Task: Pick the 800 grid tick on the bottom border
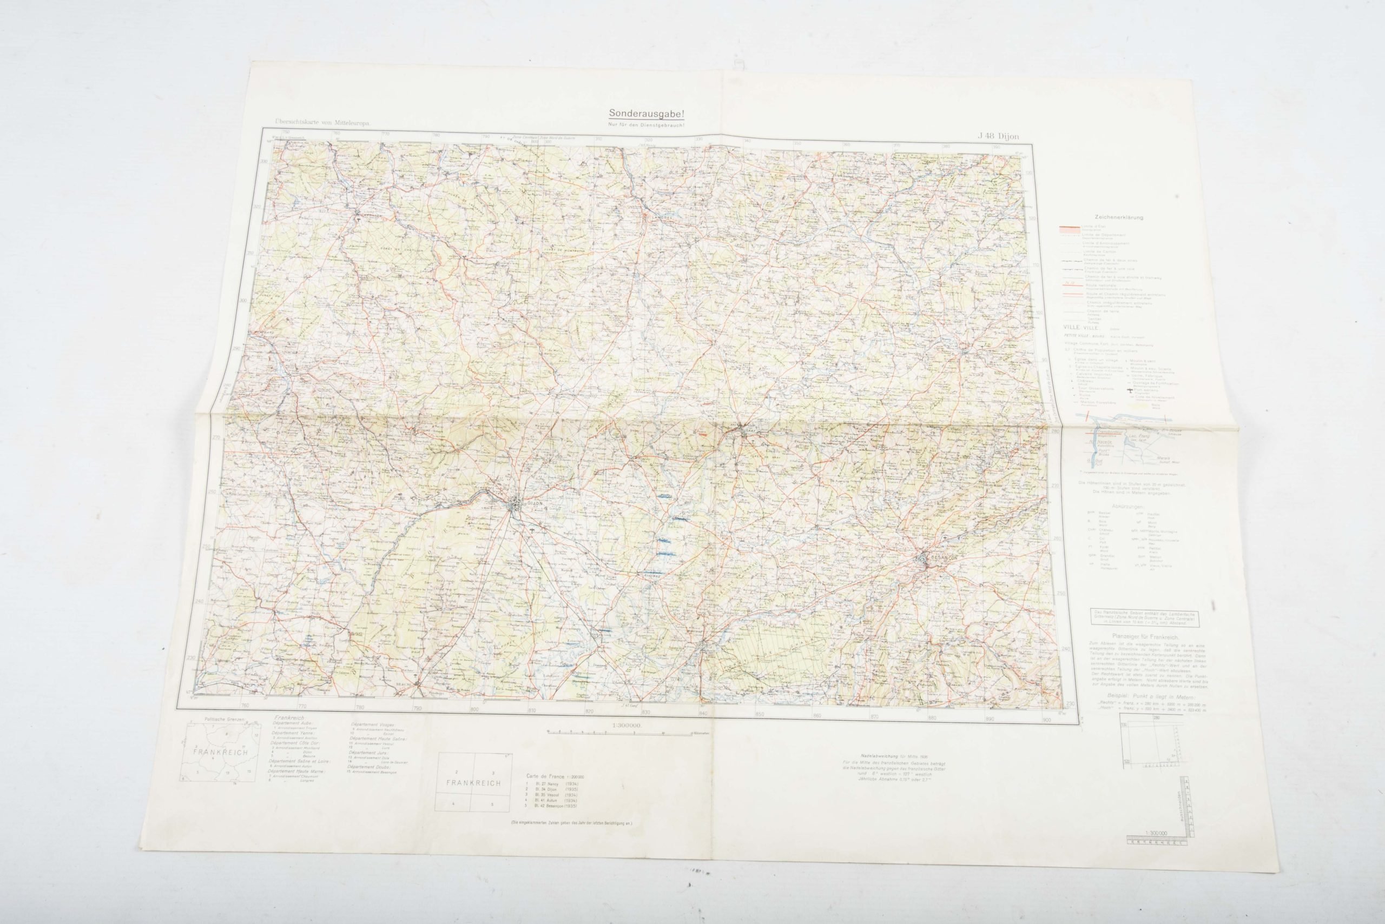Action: pyautogui.click(x=474, y=709)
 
